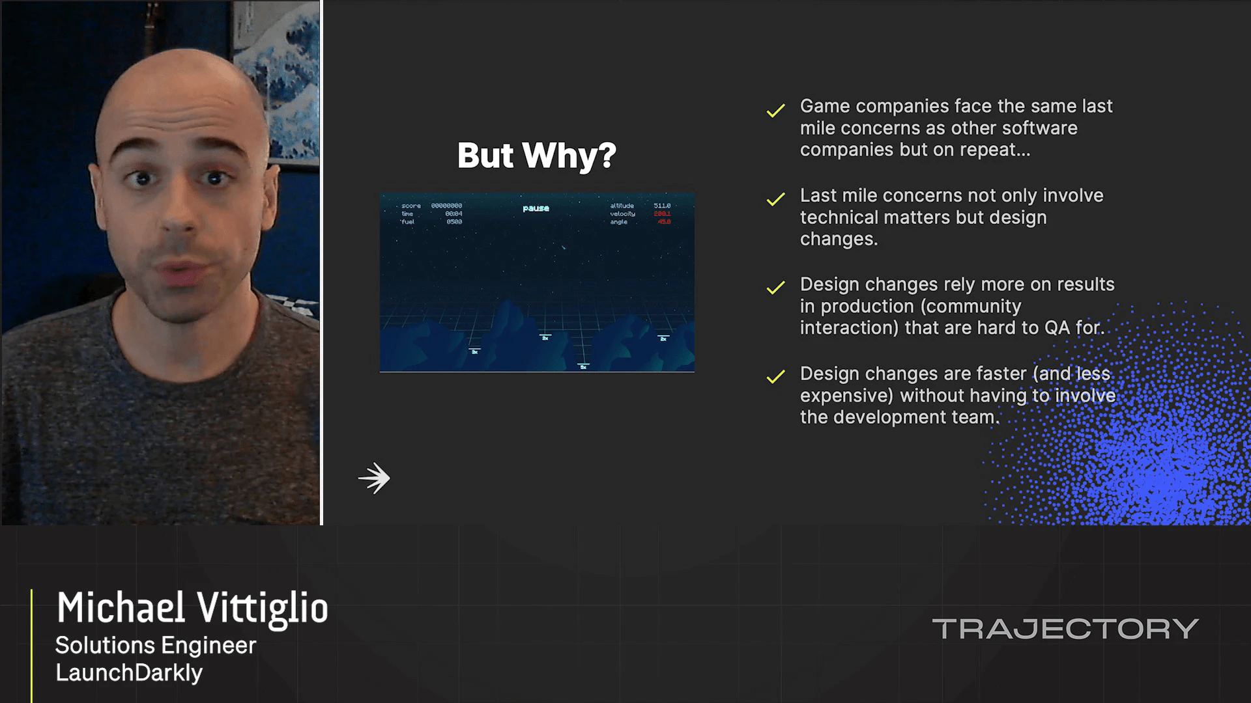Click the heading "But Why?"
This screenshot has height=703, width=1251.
[536, 156]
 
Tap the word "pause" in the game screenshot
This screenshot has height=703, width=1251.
[536, 208]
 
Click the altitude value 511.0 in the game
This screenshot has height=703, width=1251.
[662, 206]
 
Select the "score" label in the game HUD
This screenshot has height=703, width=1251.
[411, 206]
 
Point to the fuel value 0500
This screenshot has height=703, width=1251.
[454, 222]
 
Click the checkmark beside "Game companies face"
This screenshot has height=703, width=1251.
[775, 111]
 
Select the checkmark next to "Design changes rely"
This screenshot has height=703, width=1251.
[775, 288]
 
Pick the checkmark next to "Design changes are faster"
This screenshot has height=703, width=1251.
[775, 377]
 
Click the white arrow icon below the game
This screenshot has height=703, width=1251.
[375, 478]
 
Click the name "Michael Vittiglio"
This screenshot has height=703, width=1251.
[192, 608]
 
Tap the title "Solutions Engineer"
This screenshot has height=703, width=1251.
[156, 645]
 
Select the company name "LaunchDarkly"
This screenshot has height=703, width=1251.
[129, 672]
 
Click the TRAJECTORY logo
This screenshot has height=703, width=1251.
[1065, 629]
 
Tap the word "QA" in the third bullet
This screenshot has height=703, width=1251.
[1057, 327]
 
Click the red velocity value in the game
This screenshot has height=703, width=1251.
[662, 214]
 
